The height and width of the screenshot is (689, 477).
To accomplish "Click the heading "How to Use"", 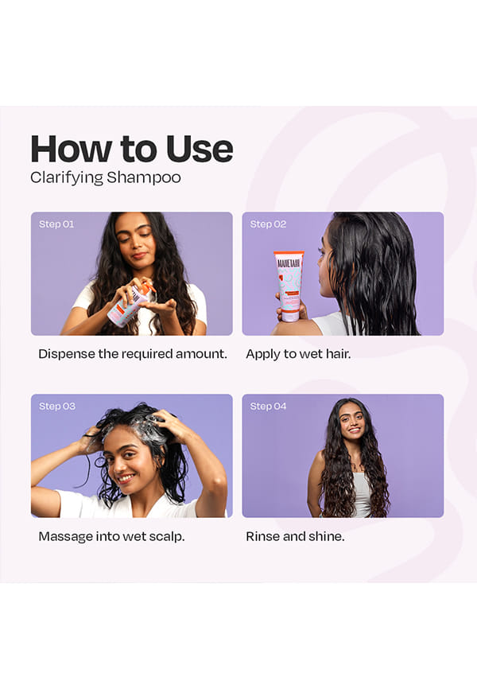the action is coord(131,149).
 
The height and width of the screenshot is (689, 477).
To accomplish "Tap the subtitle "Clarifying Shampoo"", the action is coord(106,178).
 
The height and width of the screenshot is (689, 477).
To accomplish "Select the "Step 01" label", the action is coord(56,224).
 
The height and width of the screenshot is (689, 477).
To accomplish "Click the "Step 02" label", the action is coord(268,224).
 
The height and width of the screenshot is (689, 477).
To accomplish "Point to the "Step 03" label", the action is coord(57,406).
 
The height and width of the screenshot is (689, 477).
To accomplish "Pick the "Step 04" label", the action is coord(268,406).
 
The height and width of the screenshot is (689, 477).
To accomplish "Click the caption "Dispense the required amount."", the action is coord(133,354).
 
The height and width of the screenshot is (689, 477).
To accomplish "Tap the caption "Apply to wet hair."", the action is coord(298,354).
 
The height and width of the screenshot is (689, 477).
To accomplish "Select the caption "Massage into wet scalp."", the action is coord(111,536).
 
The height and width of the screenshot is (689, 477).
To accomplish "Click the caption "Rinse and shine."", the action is coord(295,536).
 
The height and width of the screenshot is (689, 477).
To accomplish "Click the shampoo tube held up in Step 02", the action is coord(289,286).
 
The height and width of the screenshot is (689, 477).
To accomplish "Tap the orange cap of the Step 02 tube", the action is coord(289,254).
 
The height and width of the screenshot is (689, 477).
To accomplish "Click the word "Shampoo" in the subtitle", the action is coord(144,178).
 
